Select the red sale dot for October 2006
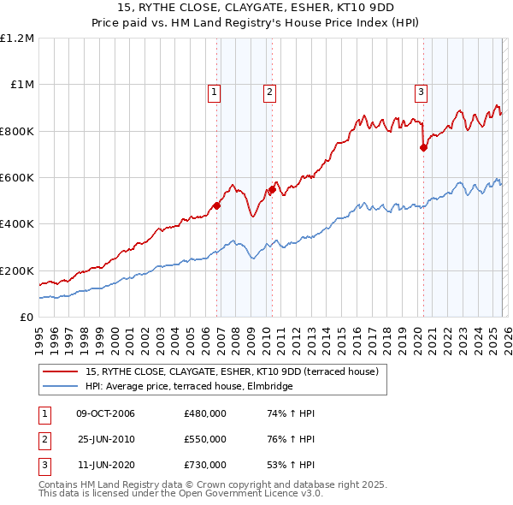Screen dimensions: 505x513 click(216, 205)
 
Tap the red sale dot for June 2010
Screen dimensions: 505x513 click(273, 189)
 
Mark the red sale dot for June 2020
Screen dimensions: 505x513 click(423, 147)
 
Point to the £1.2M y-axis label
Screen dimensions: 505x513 click(17, 39)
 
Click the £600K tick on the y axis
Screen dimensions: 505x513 click(16, 178)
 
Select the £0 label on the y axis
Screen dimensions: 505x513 click(25, 317)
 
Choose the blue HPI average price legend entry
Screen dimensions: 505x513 click(189, 386)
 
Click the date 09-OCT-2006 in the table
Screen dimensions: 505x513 click(105, 413)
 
